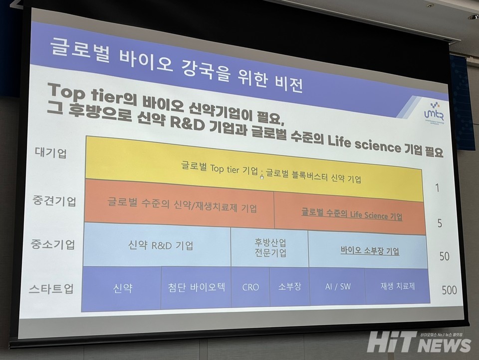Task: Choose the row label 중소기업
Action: (56, 245)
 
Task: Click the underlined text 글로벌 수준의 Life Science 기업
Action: (352, 216)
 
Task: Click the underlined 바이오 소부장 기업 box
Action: (370, 251)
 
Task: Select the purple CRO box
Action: (250, 287)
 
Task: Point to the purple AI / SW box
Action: (337, 286)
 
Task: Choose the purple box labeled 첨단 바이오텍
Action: (197, 287)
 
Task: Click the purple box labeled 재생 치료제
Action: (398, 286)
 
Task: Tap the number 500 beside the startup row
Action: (449, 290)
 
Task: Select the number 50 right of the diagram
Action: (444, 257)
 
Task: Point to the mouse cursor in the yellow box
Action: (261, 176)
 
